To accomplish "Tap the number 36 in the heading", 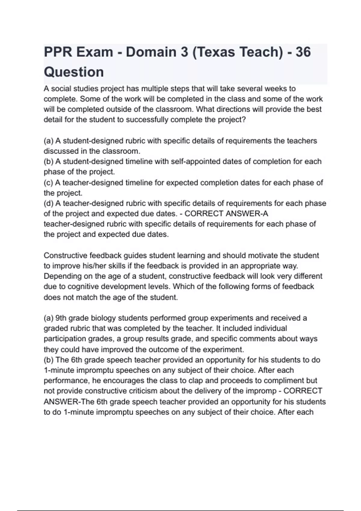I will pyautogui.click(x=303, y=52).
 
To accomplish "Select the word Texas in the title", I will pyautogui.click(x=216, y=52).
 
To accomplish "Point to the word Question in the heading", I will pyautogui.click(x=74, y=72).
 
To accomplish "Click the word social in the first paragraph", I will pyautogui.click(x=61, y=89).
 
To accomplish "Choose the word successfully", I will pyautogui.click(x=147, y=120).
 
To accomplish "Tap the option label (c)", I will pyautogui.click(x=48, y=183).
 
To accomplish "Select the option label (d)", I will pyautogui.click(x=48, y=203).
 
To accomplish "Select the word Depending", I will pyautogui.click(x=63, y=276).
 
